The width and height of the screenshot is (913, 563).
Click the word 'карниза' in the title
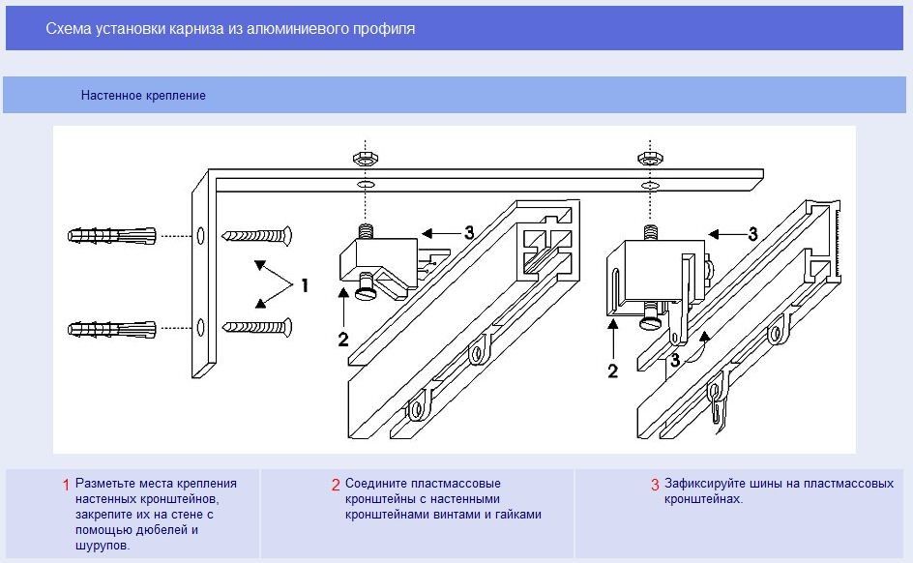click(197, 29)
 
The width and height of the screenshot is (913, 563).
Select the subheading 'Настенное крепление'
click(143, 96)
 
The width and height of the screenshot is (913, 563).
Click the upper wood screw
click(257, 235)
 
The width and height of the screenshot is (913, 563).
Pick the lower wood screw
click(257, 328)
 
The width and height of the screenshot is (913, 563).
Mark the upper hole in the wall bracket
click(200, 235)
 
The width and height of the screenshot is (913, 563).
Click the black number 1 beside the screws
click(305, 285)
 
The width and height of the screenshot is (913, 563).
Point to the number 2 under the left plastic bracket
click(342, 339)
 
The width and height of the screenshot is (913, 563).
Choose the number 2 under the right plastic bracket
click(612, 371)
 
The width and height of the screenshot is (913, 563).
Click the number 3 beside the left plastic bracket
click(469, 232)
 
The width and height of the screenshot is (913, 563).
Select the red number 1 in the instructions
click(66, 485)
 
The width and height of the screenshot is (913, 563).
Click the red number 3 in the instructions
click(655, 485)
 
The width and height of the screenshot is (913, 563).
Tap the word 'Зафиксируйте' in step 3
click(701, 484)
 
